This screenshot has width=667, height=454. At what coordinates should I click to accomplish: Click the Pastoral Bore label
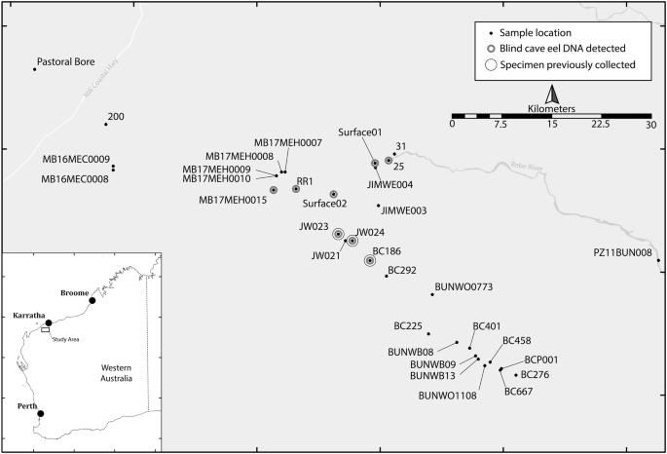click(x=65, y=62)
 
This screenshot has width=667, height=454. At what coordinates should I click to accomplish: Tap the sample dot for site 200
click(x=106, y=124)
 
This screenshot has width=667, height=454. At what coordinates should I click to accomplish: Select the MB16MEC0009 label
click(x=75, y=159)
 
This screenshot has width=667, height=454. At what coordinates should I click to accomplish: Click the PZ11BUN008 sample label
click(x=622, y=251)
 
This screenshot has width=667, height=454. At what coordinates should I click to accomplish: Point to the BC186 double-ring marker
click(x=370, y=260)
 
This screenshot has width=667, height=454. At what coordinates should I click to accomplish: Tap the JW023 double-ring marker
click(x=338, y=234)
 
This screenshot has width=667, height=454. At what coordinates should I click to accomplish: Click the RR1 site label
click(x=306, y=180)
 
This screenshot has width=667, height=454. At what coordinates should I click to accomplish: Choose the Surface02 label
click(x=324, y=204)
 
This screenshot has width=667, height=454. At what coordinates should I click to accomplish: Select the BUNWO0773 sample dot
click(x=432, y=294)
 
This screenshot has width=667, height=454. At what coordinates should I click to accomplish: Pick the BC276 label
click(x=536, y=374)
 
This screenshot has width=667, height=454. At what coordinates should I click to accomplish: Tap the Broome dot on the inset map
click(x=93, y=301)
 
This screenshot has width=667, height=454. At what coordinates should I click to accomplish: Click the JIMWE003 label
click(x=404, y=210)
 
